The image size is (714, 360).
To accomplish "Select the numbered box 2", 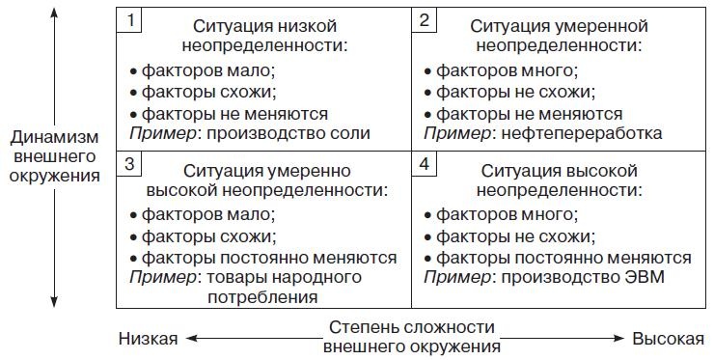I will click(424, 19).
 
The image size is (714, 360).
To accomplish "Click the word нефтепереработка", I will click(594, 133).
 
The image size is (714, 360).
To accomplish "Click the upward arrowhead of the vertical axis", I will click(54, 13).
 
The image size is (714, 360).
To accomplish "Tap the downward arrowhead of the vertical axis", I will click(54, 304).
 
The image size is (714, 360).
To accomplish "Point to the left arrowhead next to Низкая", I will click(192, 338).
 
